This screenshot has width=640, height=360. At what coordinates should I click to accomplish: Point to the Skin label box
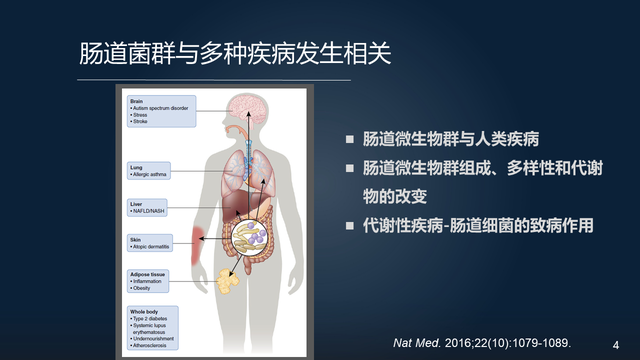[x=155, y=244]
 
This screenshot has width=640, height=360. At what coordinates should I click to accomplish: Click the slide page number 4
[x=615, y=341]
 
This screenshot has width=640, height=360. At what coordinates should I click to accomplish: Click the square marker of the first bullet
[x=349, y=138]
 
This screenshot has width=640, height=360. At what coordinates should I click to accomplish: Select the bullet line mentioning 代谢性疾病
[x=478, y=225]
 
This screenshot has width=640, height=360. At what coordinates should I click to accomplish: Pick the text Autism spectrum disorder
[x=161, y=108]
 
